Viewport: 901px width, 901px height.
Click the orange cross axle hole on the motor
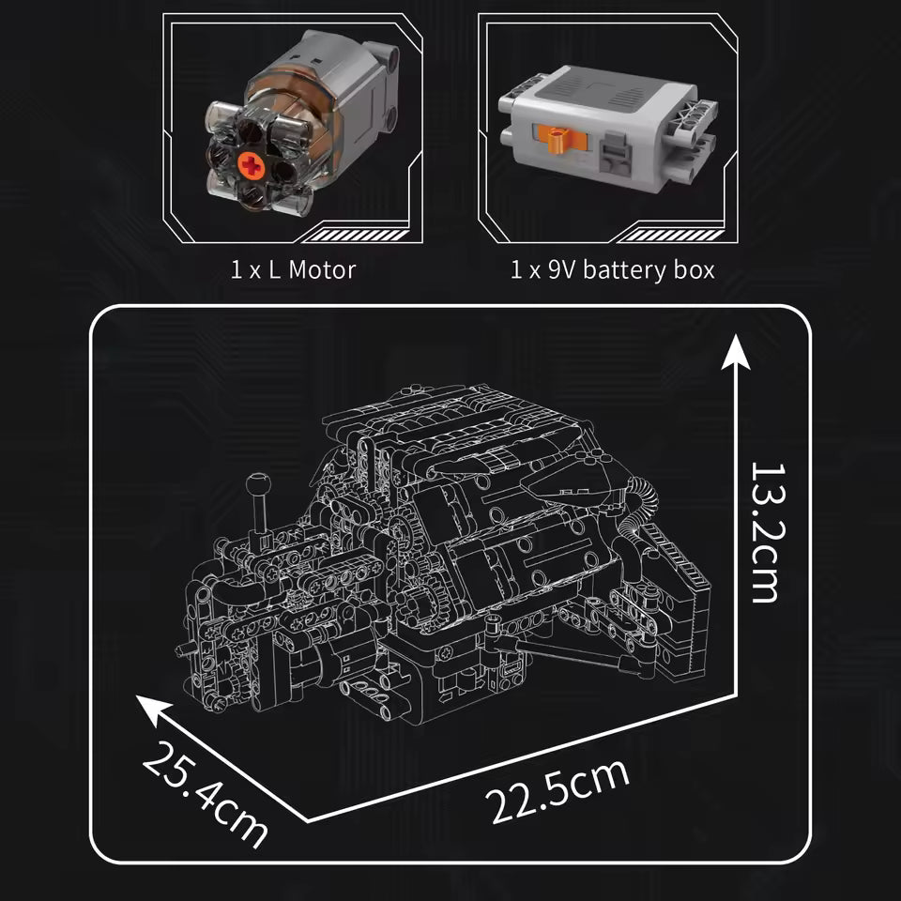(252, 165)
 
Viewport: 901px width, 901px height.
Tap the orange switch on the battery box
(556, 139)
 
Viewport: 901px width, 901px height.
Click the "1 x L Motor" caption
(293, 270)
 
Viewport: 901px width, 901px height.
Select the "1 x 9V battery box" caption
(613, 270)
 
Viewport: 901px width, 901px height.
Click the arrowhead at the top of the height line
(736, 352)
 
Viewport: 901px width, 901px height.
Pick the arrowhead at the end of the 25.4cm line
(153, 710)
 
